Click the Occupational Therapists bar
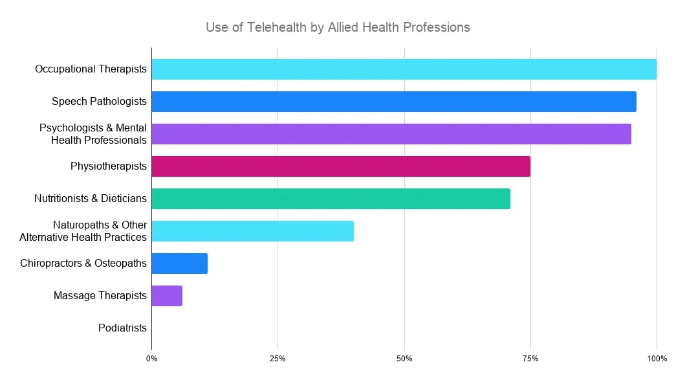click(x=404, y=69)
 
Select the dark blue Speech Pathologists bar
click(x=393, y=102)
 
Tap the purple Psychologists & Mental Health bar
click(x=391, y=134)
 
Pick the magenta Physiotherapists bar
click(x=340, y=166)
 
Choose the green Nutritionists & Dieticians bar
click(x=331, y=199)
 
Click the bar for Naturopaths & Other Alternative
click(x=252, y=231)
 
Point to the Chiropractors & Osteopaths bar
click(x=179, y=264)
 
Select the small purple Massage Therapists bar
click(x=167, y=296)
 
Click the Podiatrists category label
click(x=122, y=328)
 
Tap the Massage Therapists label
click(x=100, y=296)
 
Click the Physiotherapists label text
click(x=109, y=166)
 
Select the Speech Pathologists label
click(x=99, y=102)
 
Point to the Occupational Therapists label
click(x=91, y=69)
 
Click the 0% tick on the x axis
click(x=151, y=358)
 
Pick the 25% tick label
click(x=278, y=358)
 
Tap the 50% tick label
click(x=404, y=358)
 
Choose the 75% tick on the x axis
click(x=530, y=358)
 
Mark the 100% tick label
click(x=657, y=358)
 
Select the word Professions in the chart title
click(x=436, y=28)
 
